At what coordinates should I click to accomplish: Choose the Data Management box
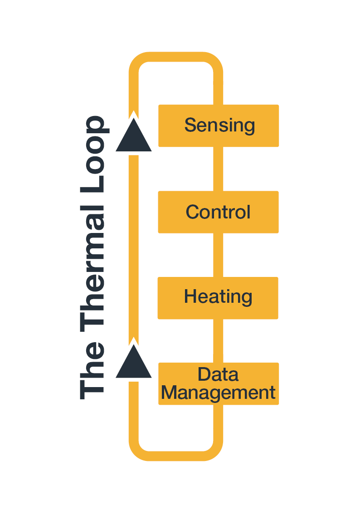(218, 383)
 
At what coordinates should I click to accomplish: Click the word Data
(218, 375)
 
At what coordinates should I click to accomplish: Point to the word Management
(218, 393)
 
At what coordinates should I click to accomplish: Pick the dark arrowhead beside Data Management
(133, 363)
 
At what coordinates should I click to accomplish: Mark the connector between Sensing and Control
(218, 169)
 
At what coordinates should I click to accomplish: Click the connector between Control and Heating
(218, 255)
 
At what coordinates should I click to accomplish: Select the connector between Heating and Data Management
(218, 340)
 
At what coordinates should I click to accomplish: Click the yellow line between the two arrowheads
(133, 245)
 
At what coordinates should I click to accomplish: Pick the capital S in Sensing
(190, 125)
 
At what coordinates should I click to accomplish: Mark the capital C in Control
(192, 212)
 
